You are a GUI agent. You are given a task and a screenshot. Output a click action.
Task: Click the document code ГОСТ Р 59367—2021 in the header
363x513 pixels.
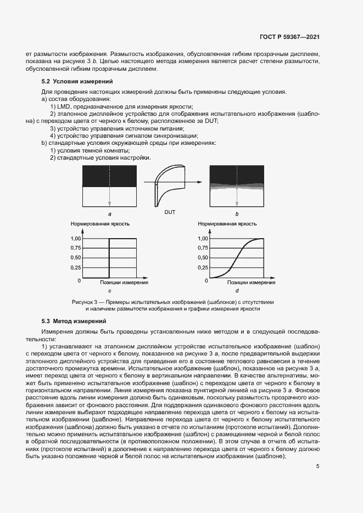pyautogui.click(x=289, y=37)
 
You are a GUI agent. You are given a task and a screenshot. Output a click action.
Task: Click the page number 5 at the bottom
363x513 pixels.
pyautogui.click(x=319, y=467)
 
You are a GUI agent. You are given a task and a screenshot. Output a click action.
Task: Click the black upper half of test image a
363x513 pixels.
pyautogui.click(x=109, y=176)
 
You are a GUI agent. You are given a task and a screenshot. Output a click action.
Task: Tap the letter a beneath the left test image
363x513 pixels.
pyautogui.click(x=109, y=213)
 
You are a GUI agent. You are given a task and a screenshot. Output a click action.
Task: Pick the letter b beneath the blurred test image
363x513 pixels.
pyautogui.click(x=237, y=213)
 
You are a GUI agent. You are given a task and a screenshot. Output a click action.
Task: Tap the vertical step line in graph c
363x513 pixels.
pyautogui.click(x=109, y=258)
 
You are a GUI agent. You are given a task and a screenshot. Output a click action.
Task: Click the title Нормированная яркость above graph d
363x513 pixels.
pyautogui.click(x=224, y=224)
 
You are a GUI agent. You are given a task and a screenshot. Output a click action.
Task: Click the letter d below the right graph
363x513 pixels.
pyautogui.click(x=237, y=290)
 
